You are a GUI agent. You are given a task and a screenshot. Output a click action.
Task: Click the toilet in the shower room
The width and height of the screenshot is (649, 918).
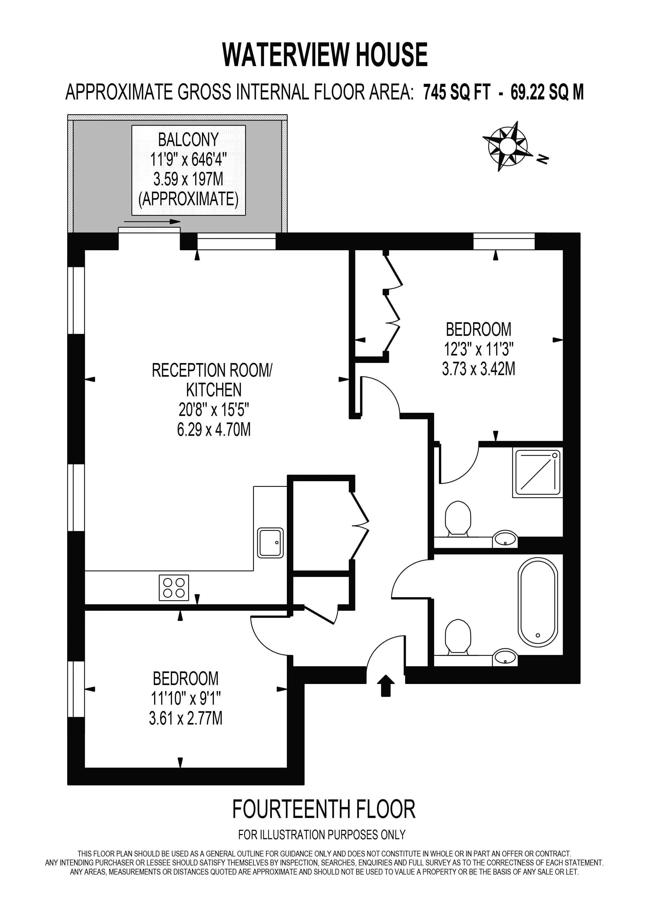pos(458,519)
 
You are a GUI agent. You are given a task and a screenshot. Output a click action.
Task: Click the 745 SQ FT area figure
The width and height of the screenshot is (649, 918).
pos(457,93)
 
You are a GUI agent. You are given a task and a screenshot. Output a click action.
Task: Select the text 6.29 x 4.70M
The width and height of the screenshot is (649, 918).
pos(214,430)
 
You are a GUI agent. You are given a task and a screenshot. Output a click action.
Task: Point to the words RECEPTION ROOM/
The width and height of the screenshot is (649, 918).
pos(212,371)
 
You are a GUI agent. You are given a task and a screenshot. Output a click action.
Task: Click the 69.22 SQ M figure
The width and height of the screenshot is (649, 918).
pos(547,93)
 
